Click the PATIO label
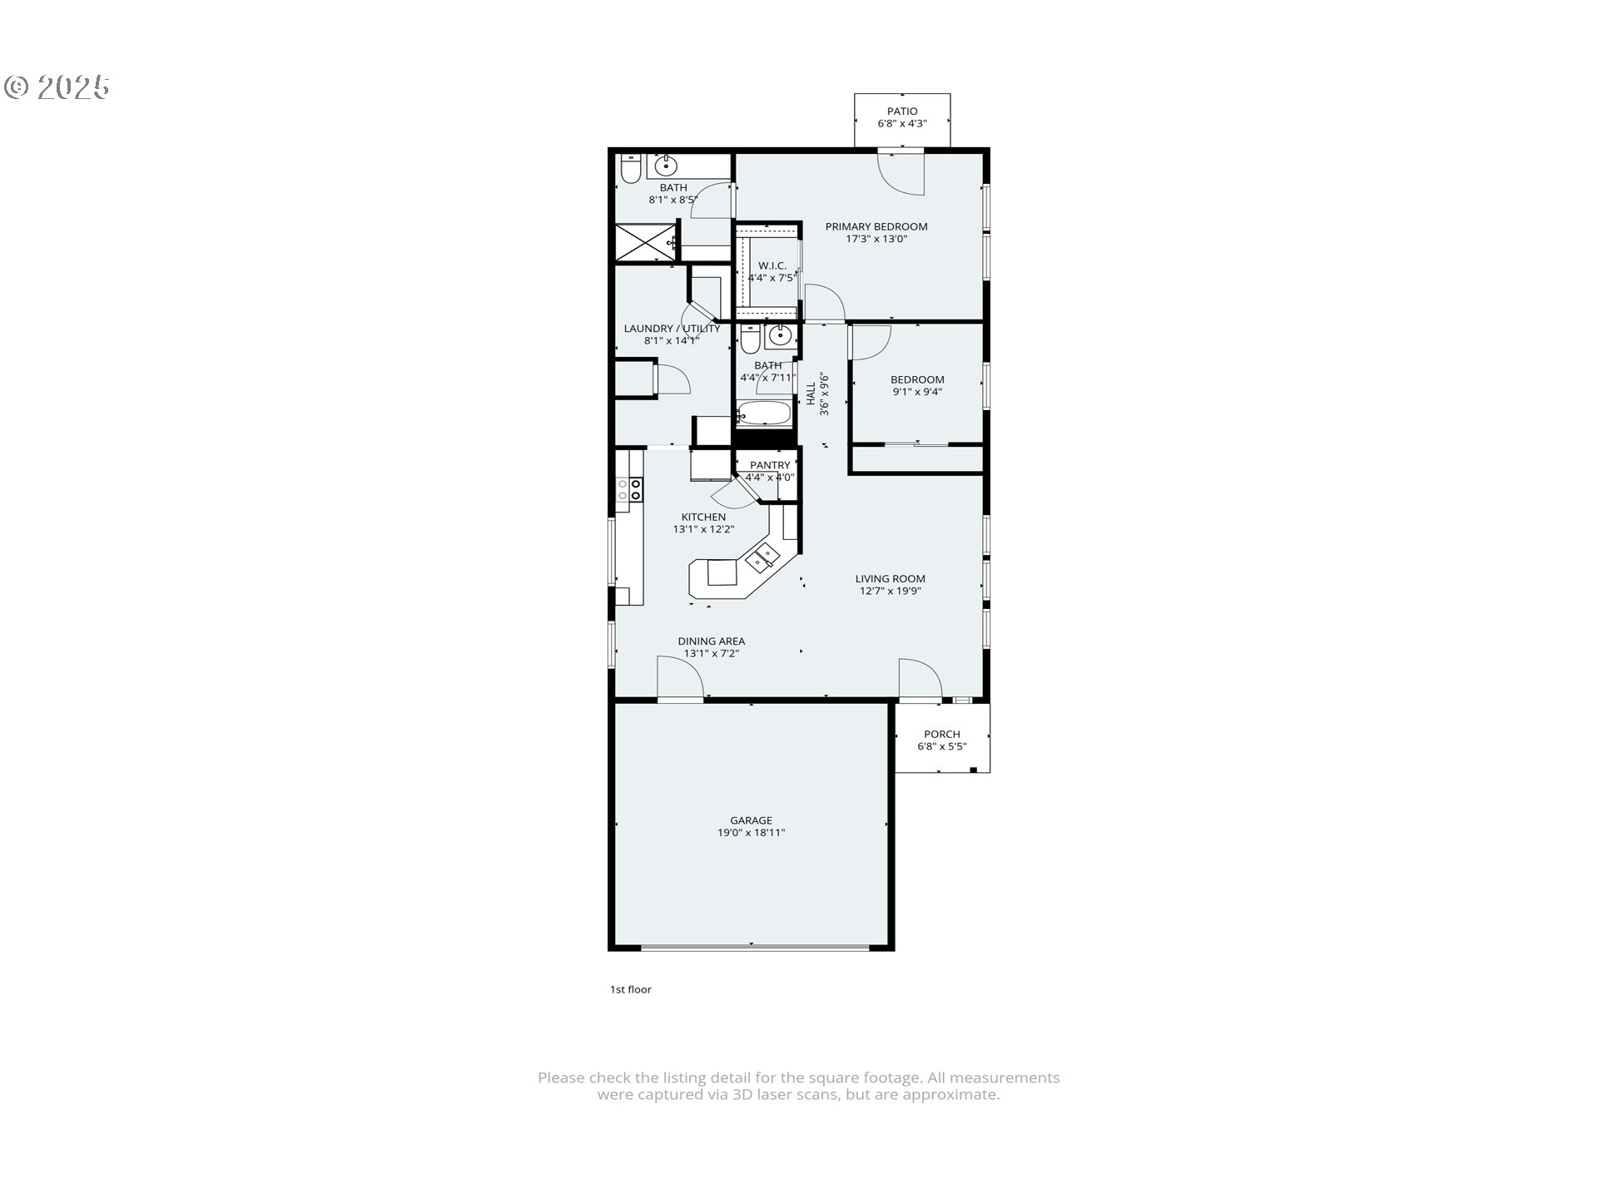coord(901,111)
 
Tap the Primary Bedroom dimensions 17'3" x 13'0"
coord(876,239)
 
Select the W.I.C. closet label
coord(772,265)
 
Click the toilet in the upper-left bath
coord(630,169)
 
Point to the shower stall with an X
coord(645,242)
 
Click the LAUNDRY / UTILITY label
coord(672,329)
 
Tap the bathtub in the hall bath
coord(764,413)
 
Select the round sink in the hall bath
coord(780,335)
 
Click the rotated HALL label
coord(811,394)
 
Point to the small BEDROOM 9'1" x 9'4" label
coord(917,380)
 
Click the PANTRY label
coord(770,466)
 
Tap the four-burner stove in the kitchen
coord(628,489)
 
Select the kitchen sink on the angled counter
coord(762,556)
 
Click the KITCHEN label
coord(703,517)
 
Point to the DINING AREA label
coord(711,641)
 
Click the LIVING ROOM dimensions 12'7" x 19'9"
coord(890,592)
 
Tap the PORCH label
coord(941,735)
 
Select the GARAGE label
coord(751,821)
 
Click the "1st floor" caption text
coord(630,989)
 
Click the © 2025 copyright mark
coord(57,87)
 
